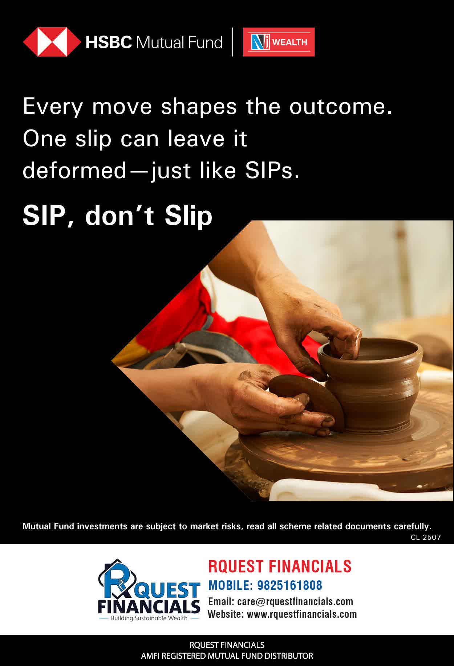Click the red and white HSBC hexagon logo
click(x=52, y=42)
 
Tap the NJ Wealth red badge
click(x=279, y=42)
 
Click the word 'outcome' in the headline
click(x=341, y=107)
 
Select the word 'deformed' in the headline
click(x=74, y=170)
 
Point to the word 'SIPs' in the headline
click(x=272, y=170)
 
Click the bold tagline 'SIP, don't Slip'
click(x=117, y=216)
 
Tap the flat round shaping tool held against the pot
click(x=307, y=401)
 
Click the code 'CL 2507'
click(x=426, y=537)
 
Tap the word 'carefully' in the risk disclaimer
click(x=410, y=526)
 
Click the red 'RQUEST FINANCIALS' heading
click(x=280, y=566)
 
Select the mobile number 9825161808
click(x=289, y=585)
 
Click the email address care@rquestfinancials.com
click(x=295, y=601)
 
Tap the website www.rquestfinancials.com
click(x=302, y=614)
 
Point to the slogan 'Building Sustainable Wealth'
click(x=149, y=618)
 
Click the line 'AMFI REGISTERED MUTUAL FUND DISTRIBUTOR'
click(x=227, y=656)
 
